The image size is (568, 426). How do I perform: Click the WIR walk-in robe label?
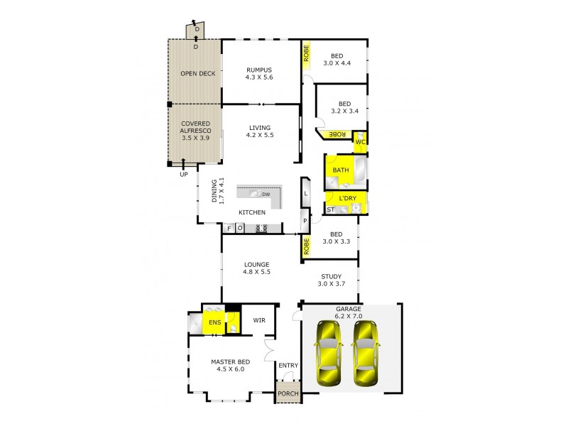tap(259, 320)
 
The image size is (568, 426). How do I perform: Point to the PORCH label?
tap(288, 394)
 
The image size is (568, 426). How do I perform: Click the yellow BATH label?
tap(340, 170)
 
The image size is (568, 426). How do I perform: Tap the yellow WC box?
tap(360, 142)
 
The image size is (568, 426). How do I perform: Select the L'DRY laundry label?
tap(346, 198)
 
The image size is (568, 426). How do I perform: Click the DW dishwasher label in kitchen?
tap(266, 194)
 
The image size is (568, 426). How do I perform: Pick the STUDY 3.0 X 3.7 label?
tap(330, 280)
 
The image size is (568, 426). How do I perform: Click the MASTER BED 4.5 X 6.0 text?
tap(228, 365)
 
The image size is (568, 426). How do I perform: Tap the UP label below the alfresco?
tap(185, 174)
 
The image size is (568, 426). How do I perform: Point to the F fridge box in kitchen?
tap(229, 228)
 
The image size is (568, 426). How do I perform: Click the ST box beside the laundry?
tap(330, 209)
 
